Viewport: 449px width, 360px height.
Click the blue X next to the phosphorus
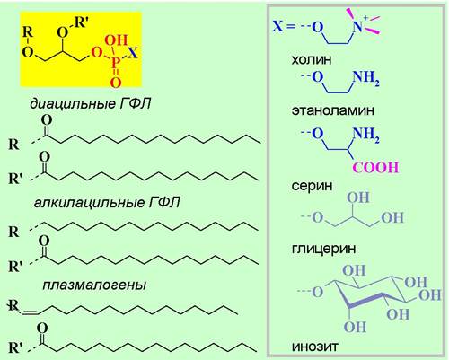coord(133,53)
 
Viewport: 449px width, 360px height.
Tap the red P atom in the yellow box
coord(116,63)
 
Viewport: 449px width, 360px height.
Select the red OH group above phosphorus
coord(117,40)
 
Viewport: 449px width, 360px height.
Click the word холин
coord(312,59)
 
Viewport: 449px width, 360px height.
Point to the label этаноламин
coord(332,110)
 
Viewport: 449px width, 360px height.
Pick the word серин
coord(312,187)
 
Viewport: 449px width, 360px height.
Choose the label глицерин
coord(323,249)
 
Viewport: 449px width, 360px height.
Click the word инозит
coord(314,347)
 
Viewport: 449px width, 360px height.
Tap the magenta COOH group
coord(376,167)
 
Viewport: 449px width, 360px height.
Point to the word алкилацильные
coord(89,203)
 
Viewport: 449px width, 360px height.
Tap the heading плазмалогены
coord(94,285)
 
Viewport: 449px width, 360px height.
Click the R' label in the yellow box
coord(80,22)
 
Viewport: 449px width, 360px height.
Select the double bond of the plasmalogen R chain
coord(31,312)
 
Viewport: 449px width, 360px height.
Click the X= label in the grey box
coord(284,26)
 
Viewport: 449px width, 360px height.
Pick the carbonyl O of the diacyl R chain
coord(47,120)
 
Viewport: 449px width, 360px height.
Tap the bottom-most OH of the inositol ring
coord(355,327)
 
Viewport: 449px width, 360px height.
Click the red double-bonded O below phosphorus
coord(116,82)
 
